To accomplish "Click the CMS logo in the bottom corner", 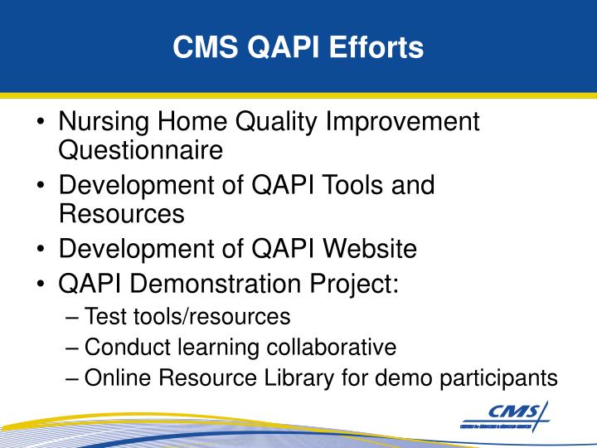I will click(x=505, y=415).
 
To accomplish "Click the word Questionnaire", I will click(x=141, y=151).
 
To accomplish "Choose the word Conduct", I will click(x=123, y=347).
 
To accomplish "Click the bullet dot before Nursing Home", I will click(x=41, y=124).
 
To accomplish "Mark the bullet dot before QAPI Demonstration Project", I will click(x=41, y=285).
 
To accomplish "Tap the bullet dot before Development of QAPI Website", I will click(x=41, y=249).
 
